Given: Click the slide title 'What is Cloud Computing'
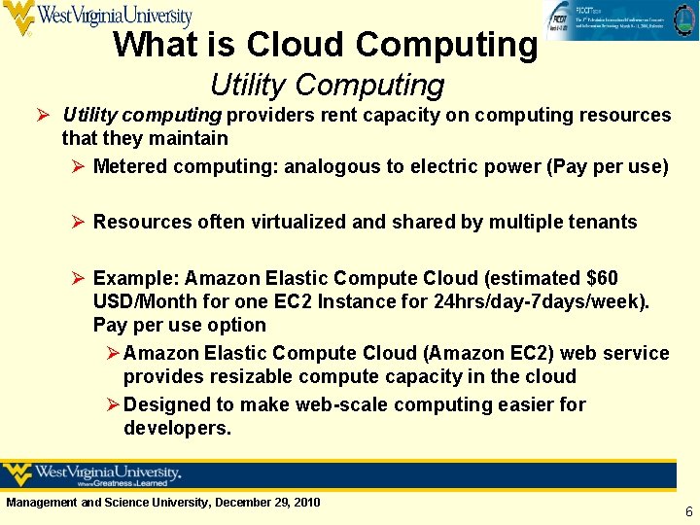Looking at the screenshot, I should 325,45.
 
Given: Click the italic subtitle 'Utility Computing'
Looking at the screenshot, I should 327,86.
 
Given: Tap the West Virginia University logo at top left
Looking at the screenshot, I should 97,17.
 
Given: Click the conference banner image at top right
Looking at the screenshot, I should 620,21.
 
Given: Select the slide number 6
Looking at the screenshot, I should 688,511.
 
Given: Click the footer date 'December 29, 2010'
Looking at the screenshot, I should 267,503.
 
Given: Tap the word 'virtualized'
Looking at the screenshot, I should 297,222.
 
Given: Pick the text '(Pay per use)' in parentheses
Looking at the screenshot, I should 608,166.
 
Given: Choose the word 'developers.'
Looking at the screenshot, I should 177,428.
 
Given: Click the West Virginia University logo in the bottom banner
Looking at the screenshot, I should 93,475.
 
